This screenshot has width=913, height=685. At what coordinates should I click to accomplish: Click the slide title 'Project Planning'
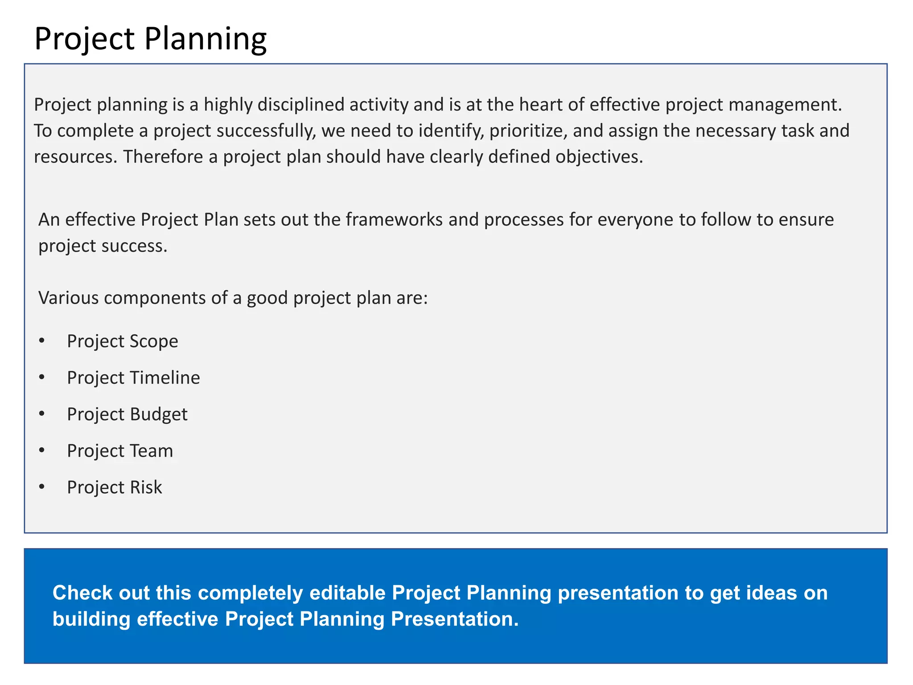(x=150, y=39)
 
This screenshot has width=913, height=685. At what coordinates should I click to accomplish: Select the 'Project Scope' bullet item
(x=122, y=342)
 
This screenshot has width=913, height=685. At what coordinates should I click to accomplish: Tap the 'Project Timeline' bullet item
(x=133, y=378)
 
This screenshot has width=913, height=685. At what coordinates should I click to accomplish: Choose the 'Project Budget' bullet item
(x=127, y=415)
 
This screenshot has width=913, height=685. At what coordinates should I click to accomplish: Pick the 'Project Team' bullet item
(x=120, y=451)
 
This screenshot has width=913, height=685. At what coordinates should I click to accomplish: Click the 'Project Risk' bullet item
(x=114, y=488)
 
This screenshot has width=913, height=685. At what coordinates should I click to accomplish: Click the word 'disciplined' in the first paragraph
(x=301, y=105)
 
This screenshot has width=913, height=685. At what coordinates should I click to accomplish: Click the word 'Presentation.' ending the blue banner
(x=455, y=619)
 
